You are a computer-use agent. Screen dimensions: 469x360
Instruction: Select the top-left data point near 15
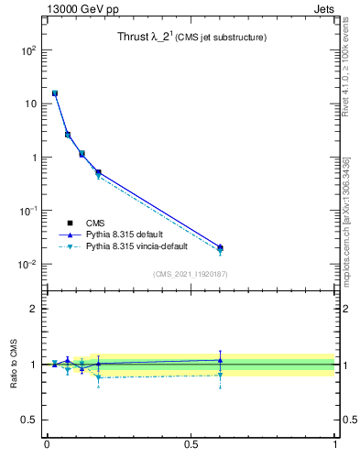[55, 93]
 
